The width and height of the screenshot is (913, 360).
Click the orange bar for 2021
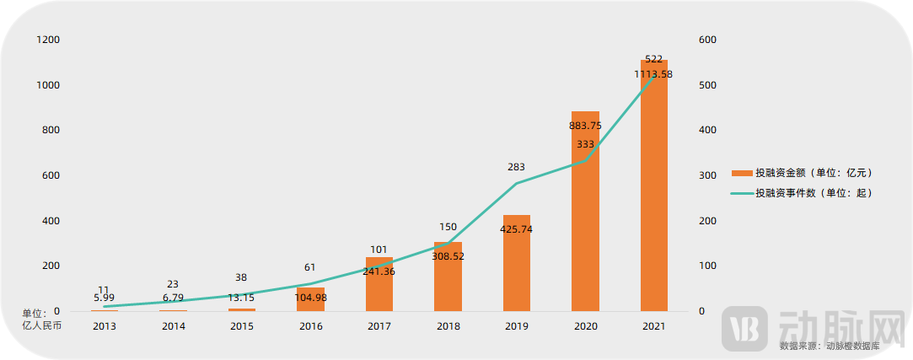653,194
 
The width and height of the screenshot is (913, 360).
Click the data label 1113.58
653,74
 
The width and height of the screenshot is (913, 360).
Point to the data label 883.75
585,126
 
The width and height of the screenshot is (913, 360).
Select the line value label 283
517,167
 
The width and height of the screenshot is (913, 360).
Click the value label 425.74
517,229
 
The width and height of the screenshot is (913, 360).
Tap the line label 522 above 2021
653,59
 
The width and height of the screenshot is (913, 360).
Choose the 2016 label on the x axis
310,326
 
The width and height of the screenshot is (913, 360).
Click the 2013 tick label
105,326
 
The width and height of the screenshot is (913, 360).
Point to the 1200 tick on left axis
48,40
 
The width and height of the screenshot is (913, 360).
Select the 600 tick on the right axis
708,40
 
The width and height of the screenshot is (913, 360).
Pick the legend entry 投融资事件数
813,193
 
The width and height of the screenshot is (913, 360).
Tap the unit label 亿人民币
41,325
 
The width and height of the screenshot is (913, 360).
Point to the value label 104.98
310,298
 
